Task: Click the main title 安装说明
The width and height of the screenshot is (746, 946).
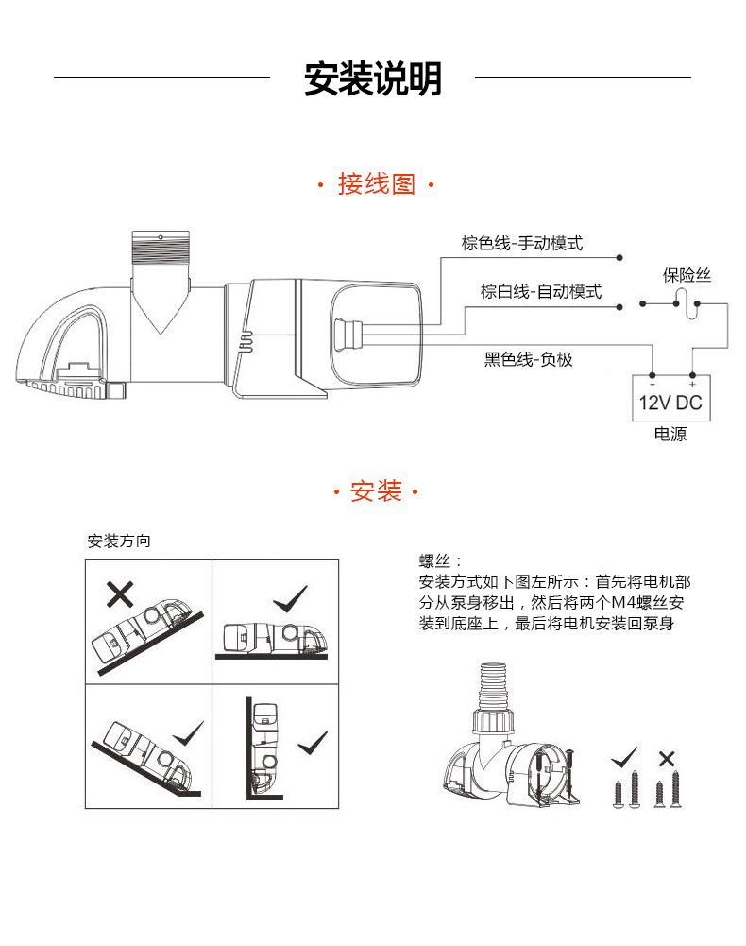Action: click(372, 79)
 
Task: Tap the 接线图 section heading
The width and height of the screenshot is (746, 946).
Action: click(376, 184)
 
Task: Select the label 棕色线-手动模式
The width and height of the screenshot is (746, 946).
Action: click(522, 244)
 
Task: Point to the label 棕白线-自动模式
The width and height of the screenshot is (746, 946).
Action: click(540, 292)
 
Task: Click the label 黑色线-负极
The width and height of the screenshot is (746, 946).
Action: click(528, 359)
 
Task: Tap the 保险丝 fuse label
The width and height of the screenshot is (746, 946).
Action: click(686, 276)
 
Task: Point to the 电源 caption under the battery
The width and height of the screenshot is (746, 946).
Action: click(670, 436)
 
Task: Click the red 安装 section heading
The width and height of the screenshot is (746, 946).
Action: click(376, 491)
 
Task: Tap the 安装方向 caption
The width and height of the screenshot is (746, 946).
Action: click(119, 542)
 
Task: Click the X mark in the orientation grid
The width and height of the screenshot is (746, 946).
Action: click(119, 593)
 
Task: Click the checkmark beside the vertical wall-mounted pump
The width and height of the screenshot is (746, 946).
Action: click(312, 743)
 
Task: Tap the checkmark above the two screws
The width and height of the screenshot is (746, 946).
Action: click(624, 758)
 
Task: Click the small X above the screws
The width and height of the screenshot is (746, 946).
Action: click(667, 758)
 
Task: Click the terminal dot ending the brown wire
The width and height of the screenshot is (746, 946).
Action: click(619, 257)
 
